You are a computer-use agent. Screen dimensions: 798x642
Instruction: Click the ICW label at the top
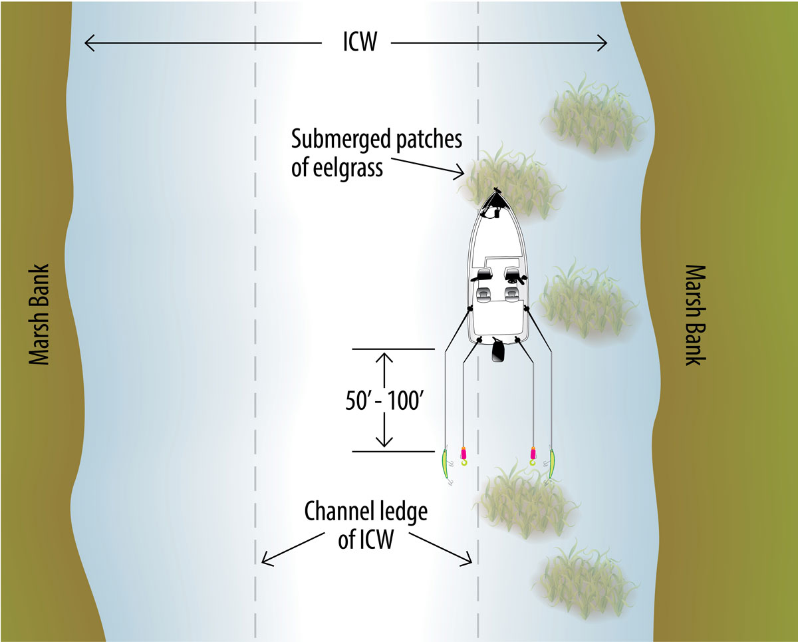[360, 42]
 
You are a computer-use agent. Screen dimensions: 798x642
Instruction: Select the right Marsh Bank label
[694, 315]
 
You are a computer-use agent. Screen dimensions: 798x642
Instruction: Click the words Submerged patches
[377, 139]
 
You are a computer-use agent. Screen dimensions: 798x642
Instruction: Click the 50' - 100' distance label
[384, 401]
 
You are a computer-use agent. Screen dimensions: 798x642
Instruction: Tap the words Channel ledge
[366, 512]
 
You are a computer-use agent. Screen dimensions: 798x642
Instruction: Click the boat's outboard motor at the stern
[497, 350]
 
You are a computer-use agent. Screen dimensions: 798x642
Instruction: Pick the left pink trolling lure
[464, 456]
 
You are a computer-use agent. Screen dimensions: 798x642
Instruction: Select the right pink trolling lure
[533, 456]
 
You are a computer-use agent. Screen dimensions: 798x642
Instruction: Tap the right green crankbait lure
[550, 465]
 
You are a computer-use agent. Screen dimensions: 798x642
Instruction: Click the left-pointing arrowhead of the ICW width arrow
[89, 43]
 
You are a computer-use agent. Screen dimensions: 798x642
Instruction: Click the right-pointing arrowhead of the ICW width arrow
[602, 43]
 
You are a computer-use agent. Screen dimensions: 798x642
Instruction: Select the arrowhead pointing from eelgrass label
[460, 173]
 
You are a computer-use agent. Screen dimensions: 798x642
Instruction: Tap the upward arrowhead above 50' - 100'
[384, 357]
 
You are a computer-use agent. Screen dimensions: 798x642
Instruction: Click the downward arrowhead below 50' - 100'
[384, 442]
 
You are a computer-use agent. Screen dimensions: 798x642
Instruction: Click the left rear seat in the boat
[483, 294]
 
